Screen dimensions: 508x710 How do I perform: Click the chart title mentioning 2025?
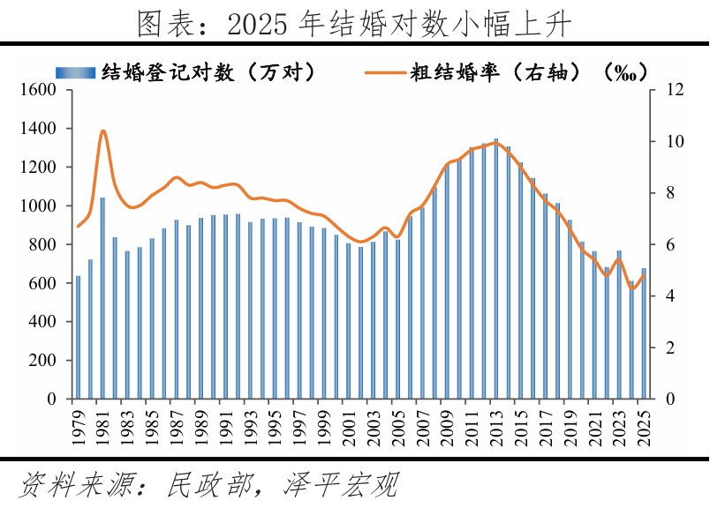pos(355,24)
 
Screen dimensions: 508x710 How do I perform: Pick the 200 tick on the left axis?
pos(43,361)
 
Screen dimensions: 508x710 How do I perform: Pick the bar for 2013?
pos(495,269)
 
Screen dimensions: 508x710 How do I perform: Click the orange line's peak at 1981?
pos(102,131)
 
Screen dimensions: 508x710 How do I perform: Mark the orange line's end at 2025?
pos(644,274)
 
